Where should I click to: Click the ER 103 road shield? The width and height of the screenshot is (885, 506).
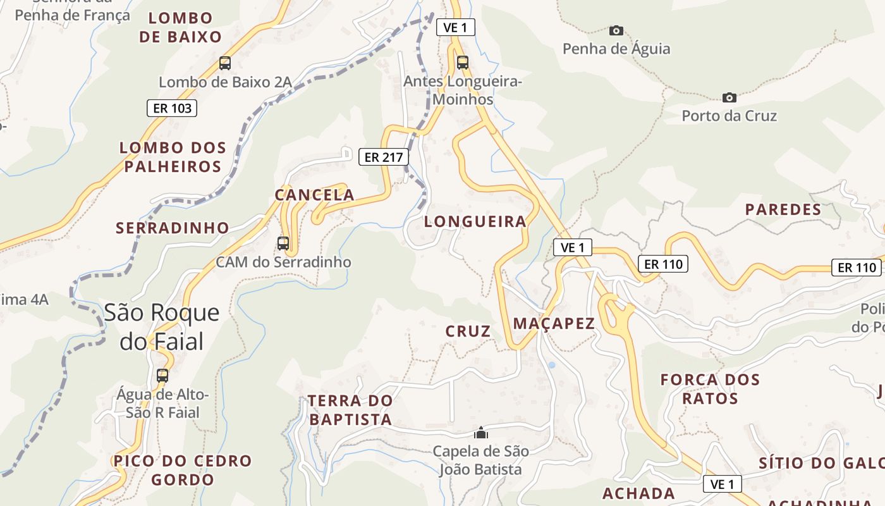(x=172, y=108)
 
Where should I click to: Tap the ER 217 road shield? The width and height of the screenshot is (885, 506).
(x=384, y=157)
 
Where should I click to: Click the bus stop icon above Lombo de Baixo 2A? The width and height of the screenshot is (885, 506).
(x=225, y=63)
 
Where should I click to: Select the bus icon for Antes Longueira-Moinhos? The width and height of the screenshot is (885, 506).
(x=463, y=63)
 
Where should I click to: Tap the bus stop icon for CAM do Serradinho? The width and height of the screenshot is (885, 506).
(x=283, y=243)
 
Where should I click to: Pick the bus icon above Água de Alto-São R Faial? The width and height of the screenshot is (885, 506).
(x=162, y=376)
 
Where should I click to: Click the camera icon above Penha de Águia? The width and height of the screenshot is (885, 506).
(x=616, y=30)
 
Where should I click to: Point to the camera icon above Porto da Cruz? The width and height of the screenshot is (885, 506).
(x=729, y=97)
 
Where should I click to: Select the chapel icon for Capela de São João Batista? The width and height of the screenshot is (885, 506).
(x=481, y=433)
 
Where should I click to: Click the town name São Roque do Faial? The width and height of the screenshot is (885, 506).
(x=162, y=327)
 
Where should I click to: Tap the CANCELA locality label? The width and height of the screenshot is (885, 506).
(x=314, y=195)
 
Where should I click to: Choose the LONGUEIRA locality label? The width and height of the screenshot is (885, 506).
(x=475, y=221)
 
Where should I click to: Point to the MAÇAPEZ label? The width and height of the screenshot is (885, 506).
(x=554, y=324)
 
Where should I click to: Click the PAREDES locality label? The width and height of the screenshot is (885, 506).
(x=783, y=209)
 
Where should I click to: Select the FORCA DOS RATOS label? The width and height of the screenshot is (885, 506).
(x=710, y=389)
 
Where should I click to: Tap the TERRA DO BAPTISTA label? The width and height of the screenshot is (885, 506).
(x=350, y=410)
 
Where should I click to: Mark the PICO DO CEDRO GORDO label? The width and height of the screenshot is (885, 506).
(x=183, y=470)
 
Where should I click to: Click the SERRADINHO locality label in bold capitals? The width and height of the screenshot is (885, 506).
(x=172, y=228)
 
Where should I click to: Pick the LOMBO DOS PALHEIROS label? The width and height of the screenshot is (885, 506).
(x=173, y=157)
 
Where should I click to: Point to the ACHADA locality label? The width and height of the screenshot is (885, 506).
(x=638, y=493)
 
